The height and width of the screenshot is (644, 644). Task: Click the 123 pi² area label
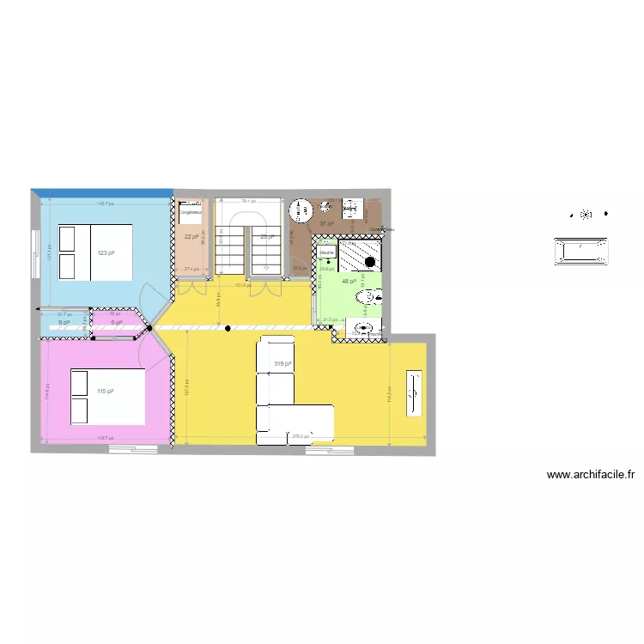(x=106, y=252)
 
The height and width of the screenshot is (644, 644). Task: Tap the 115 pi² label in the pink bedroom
(x=106, y=392)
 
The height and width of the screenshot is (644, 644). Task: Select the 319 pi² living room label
(x=283, y=364)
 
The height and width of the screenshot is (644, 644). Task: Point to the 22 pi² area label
(x=191, y=236)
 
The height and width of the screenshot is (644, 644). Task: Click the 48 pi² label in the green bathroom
(x=349, y=281)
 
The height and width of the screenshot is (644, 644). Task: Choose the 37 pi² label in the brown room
(x=326, y=223)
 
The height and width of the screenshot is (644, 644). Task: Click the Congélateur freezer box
(x=191, y=211)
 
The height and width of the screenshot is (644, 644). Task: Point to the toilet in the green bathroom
(x=370, y=297)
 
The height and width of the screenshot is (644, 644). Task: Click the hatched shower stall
(x=360, y=256)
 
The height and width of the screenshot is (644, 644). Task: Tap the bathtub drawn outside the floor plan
(x=584, y=251)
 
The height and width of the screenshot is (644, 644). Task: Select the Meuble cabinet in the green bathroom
(x=326, y=252)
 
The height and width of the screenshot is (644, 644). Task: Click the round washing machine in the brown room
(x=300, y=210)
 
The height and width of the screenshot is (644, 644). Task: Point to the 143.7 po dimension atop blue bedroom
(x=105, y=204)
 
